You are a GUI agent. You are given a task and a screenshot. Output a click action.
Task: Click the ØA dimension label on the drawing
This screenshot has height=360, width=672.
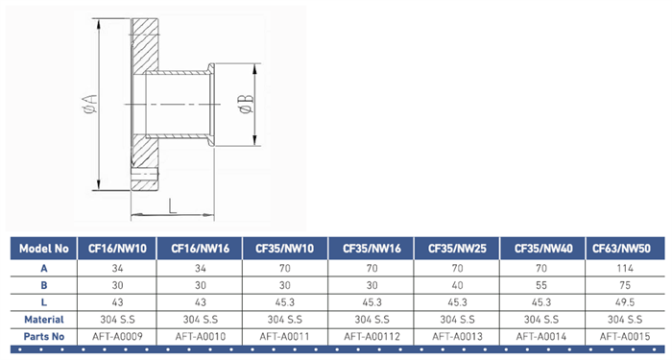click(91, 104)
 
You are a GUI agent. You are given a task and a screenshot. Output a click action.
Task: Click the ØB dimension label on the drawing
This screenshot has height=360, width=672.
click(248, 104)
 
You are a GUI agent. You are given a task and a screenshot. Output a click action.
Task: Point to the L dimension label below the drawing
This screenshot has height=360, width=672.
click(172, 206)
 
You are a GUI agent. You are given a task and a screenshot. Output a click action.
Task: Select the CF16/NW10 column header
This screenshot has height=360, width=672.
click(117, 249)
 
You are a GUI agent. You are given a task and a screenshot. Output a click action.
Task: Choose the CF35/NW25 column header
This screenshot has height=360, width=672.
click(457, 249)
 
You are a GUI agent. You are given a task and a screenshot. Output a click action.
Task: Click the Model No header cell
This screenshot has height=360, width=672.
click(44, 249)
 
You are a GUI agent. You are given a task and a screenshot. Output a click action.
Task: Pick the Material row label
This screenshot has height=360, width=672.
click(44, 320)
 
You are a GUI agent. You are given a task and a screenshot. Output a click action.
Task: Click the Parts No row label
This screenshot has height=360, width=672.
click(44, 337)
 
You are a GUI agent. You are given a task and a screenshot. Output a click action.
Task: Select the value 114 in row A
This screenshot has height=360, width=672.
click(625, 268)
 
